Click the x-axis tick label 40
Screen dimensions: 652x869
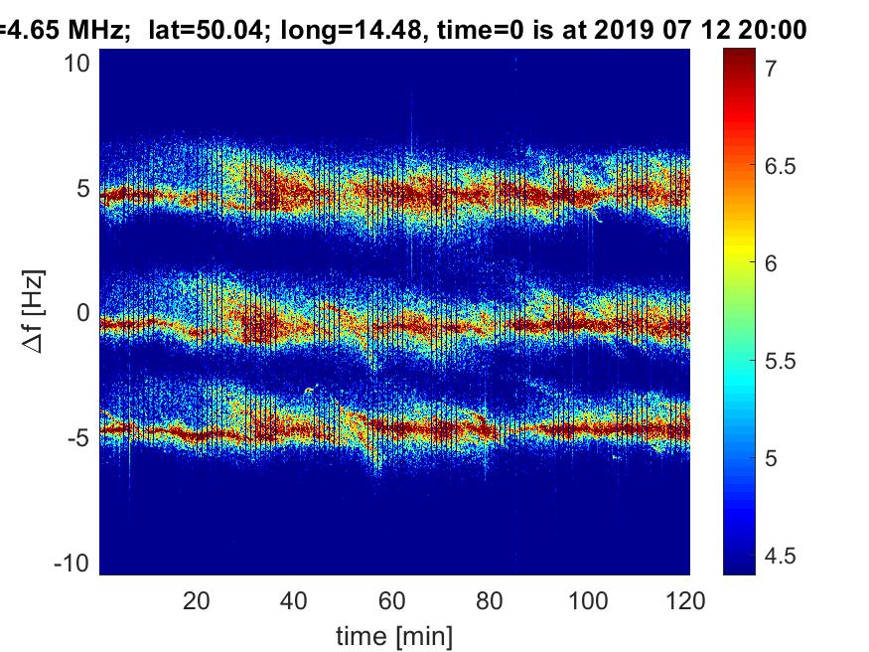(x=294, y=600)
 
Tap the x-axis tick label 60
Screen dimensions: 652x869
(x=392, y=600)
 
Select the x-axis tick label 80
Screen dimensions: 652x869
(x=491, y=600)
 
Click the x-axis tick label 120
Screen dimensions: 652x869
(x=686, y=600)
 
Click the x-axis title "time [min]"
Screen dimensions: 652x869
(x=394, y=633)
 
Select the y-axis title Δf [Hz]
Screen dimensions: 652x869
(x=34, y=313)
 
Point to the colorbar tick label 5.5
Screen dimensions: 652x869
(x=780, y=361)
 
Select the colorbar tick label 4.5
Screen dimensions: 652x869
(x=780, y=555)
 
